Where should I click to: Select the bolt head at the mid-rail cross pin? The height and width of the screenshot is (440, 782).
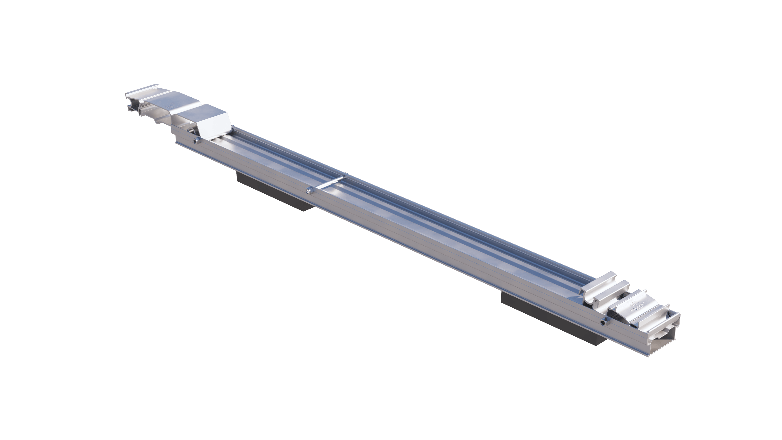309,191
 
